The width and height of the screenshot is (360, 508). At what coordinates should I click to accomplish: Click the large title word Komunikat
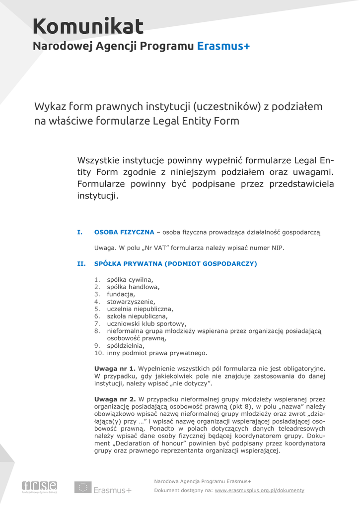point(88,26)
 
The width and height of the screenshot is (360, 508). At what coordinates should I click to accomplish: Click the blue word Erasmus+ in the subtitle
point(223,47)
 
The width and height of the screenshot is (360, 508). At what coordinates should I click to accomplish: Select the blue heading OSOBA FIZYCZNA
point(124,232)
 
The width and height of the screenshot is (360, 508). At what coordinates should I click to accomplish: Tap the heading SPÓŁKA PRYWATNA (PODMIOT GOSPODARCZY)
point(175,264)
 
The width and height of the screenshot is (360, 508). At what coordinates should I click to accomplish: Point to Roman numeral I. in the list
point(79,232)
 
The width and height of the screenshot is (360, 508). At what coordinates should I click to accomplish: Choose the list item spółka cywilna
point(130,279)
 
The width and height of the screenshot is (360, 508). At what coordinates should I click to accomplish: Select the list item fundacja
point(121,294)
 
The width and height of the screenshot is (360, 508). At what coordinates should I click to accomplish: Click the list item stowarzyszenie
point(131,302)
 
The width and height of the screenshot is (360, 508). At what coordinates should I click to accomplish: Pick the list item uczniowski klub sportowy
point(147,323)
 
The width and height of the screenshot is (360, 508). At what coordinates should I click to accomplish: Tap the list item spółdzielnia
point(126,346)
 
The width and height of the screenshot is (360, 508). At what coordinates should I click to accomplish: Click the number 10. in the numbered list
point(99,353)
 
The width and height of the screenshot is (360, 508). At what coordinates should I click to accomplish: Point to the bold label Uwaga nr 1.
point(115,369)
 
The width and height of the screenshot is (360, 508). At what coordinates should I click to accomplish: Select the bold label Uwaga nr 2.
point(115,399)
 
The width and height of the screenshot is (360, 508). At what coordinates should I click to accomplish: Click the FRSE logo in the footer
point(39,487)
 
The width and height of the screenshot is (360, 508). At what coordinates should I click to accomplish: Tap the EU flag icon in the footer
point(82,487)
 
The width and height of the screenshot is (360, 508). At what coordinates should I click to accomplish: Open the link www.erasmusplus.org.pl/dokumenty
point(259,491)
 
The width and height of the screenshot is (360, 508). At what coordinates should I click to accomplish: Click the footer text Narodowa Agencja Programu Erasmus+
point(203,481)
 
